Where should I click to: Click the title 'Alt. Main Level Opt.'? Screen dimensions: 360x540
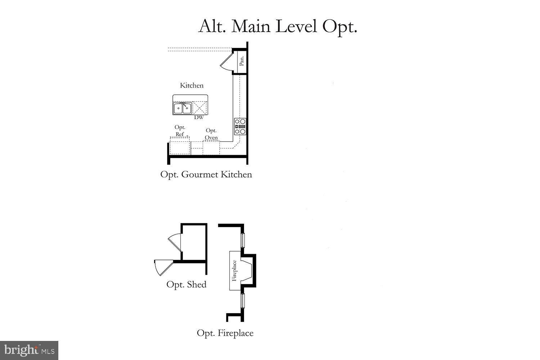pyautogui.click(x=278, y=26)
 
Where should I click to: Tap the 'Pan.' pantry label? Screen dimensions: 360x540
pyautogui.click(x=242, y=60)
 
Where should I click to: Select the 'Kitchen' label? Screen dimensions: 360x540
pyautogui.click(x=192, y=85)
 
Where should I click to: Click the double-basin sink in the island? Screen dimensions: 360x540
pyautogui.click(x=182, y=108)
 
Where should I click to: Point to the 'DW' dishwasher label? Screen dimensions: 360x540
pyautogui.click(x=199, y=117)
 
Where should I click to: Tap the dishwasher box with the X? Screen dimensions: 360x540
pyautogui.click(x=200, y=108)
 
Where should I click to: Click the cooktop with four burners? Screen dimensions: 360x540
pyautogui.click(x=240, y=126)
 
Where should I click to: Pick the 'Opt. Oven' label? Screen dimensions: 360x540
pyautogui.click(x=211, y=134)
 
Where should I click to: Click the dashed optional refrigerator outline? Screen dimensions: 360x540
pyautogui.click(x=180, y=147)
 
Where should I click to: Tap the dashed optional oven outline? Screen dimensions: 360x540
pyautogui.click(x=211, y=148)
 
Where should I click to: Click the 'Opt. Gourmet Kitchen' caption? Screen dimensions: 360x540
pyautogui.click(x=206, y=175)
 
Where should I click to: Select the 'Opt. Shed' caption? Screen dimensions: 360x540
pyautogui.click(x=186, y=284)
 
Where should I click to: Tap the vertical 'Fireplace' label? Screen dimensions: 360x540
pyautogui.click(x=234, y=271)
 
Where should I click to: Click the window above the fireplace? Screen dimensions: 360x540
pyautogui.click(x=243, y=240)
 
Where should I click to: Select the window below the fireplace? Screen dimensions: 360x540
pyautogui.click(x=243, y=301)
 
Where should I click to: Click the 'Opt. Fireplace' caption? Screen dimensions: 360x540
pyautogui.click(x=225, y=333)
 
